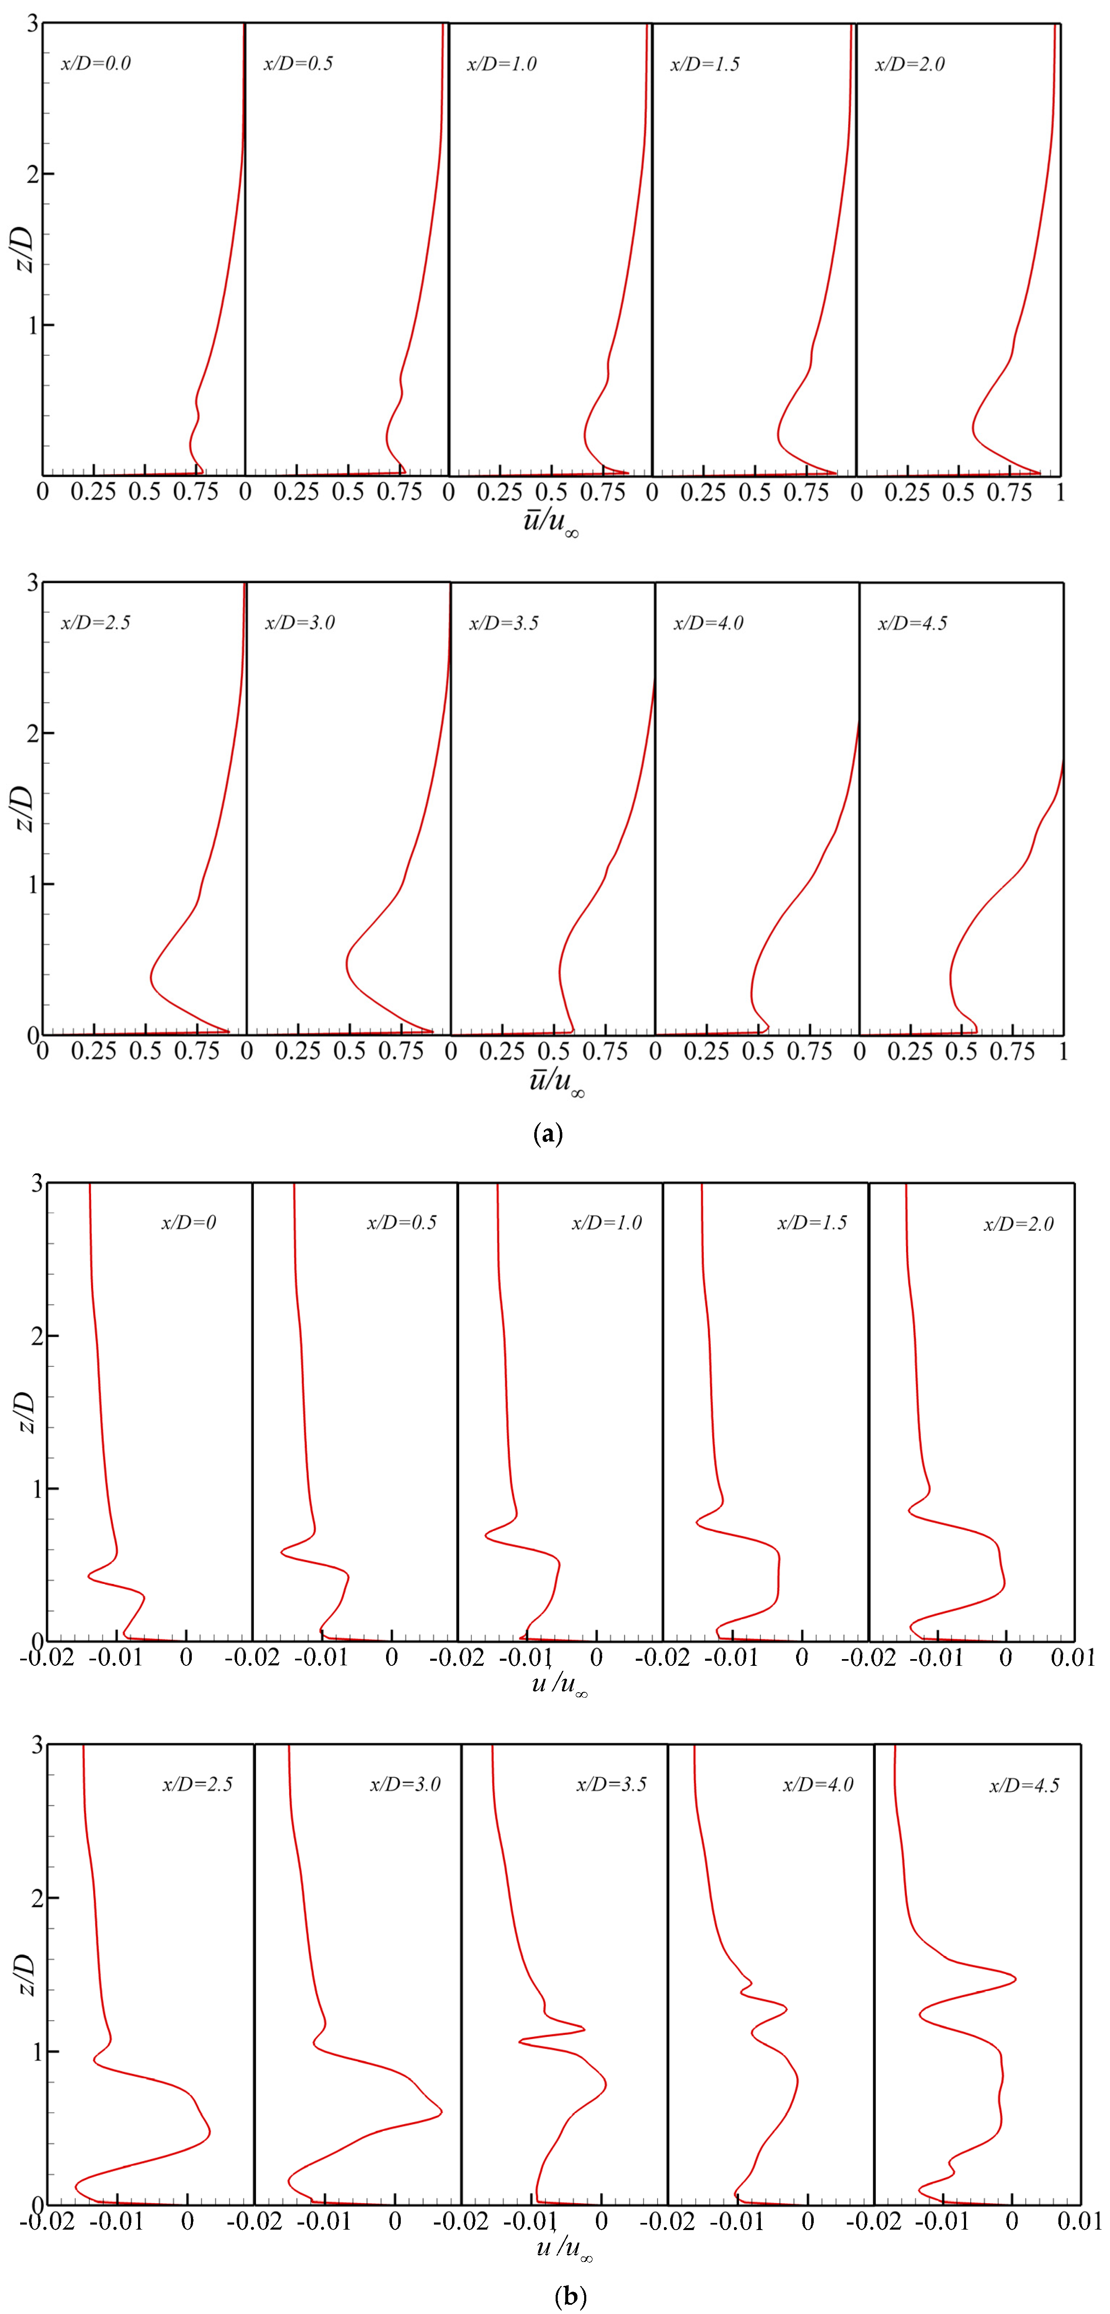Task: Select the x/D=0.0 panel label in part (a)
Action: [x=95, y=64]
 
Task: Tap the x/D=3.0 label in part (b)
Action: [x=405, y=1784]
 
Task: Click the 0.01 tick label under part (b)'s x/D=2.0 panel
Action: [x=1072, y=1657]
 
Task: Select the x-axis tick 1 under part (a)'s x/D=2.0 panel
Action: [x=1060, y=492]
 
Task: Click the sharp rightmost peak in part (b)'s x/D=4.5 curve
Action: [x=1015, y=1978]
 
